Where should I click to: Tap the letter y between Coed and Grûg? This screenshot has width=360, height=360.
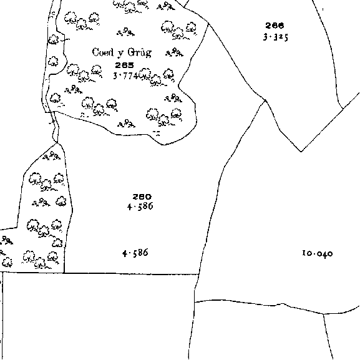coord(120,54)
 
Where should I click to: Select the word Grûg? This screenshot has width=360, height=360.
coord(140,53)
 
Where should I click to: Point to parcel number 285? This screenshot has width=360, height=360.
coord(124,66)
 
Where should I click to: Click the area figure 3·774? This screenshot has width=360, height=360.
coord(125,75)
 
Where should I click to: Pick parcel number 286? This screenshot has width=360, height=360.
coord(275,25)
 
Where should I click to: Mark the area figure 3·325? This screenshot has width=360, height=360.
coord(275,37)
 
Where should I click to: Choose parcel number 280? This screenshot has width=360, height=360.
coord(142,197)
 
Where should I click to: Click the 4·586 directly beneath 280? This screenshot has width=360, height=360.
coord(140,206)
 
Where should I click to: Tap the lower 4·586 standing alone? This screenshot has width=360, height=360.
coord(135,253)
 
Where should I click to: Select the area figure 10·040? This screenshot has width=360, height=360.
coord(318,253)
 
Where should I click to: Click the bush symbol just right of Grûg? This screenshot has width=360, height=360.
coord(174,52)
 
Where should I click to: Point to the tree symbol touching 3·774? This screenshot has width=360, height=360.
coord(144,74)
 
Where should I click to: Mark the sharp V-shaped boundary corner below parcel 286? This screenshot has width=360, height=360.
coord(301,152)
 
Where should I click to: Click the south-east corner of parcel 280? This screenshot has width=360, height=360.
coord(199,274)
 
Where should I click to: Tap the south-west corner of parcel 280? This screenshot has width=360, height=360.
coord(64,273)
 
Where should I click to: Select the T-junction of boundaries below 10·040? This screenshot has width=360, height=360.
coord(323,314)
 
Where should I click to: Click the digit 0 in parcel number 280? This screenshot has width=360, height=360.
coord(148,197)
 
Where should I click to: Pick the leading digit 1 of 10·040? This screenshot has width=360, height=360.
coord(304,253)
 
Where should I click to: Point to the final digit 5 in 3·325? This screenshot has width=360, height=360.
coord(286,37)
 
